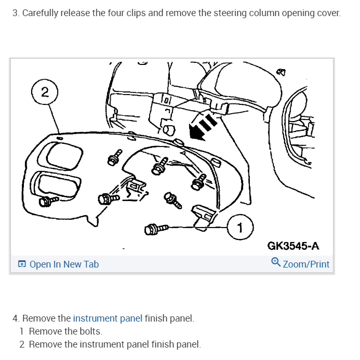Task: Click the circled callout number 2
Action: [45, 92]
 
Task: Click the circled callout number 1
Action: [239, 226]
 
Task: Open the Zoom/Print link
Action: [306, 264]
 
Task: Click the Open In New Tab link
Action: [64, 264]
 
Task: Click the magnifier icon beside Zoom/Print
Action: [276, 263]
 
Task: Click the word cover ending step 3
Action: [328, 12]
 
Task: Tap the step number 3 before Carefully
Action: [15, 12]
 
